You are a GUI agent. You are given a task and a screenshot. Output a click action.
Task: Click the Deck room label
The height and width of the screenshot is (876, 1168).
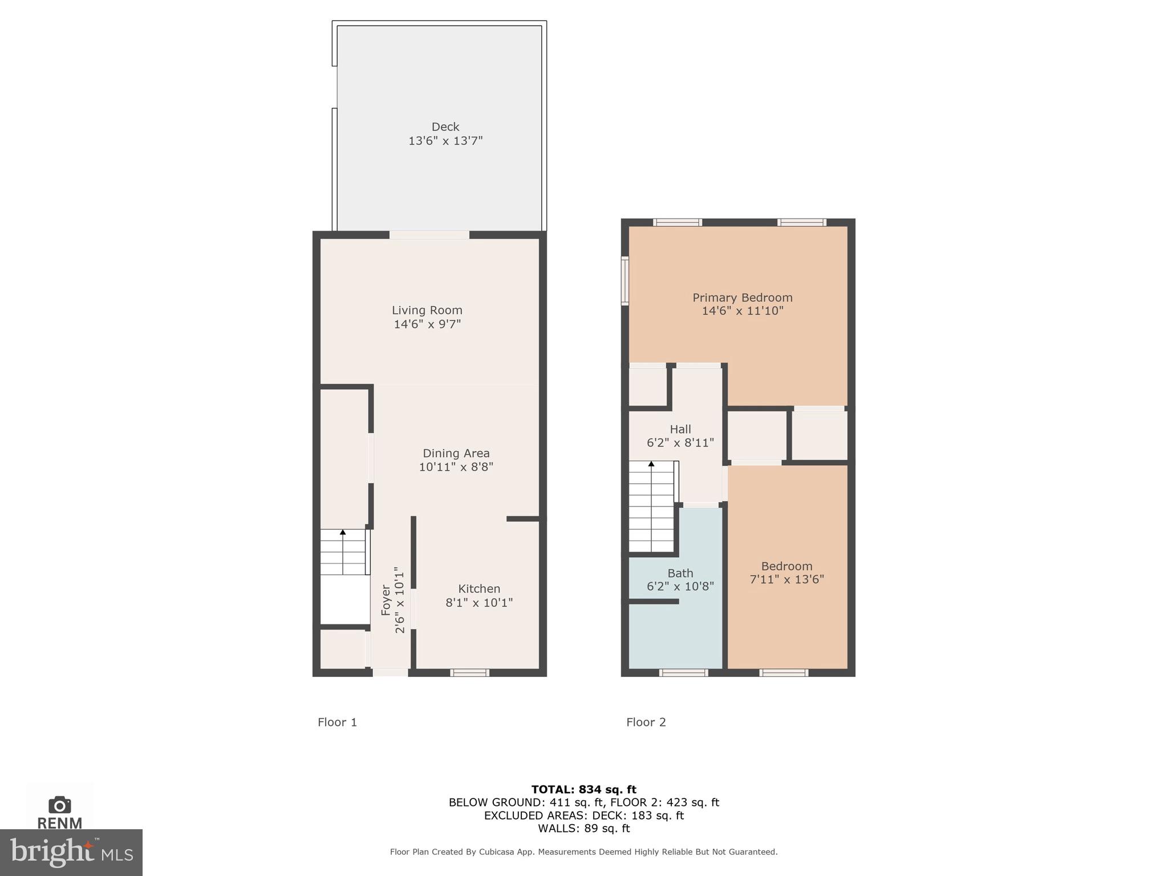pos(445,127)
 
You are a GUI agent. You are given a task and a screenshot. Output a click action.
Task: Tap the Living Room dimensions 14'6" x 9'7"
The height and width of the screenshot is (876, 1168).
pos(427,324)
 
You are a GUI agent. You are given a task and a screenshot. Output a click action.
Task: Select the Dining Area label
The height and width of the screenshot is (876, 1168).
pos(456,453)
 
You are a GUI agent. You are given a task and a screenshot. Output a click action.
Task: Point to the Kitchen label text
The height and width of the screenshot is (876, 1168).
pos(479,589)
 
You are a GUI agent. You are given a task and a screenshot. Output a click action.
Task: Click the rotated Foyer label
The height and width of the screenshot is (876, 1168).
pos(386,600)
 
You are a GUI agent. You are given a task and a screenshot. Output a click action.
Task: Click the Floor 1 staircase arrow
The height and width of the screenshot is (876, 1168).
pos(343,533)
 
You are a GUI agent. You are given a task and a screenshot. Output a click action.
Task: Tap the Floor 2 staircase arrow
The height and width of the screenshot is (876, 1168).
pos(651,464)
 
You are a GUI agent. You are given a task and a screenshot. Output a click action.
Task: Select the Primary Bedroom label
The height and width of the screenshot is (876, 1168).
pos(742,297)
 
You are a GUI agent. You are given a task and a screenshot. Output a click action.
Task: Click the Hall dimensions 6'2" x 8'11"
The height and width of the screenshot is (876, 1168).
pos(680,443)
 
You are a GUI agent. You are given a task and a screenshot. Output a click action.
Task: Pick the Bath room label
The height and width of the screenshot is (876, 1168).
pos(680,573)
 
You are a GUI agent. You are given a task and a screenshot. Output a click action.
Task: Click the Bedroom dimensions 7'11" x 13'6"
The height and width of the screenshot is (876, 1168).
pos(786,579)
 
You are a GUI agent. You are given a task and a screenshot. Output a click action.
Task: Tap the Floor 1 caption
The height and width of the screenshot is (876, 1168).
pos(337,722)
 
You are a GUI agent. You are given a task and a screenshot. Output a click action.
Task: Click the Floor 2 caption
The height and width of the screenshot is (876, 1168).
pos(646,722)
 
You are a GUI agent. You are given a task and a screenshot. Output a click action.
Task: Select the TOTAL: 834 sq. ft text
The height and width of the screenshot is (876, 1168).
pos(583,789)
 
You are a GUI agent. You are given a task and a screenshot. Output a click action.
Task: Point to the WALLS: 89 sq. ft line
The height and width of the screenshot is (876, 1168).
pos(583,828)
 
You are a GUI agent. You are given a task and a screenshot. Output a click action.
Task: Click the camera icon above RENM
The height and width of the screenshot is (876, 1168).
pos(59,805)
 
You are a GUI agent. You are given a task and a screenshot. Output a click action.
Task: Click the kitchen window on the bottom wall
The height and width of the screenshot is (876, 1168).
pos(469,673)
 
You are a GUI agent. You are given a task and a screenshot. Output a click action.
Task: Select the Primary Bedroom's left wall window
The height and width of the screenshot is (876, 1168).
pos(625,281)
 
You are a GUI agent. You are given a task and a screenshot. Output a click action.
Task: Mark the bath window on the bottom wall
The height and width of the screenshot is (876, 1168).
pos(683,673)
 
